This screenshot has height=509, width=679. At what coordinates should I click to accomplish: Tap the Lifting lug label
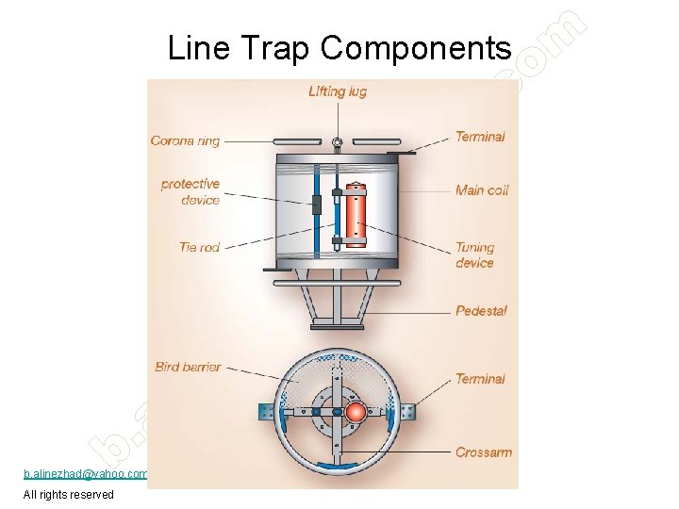(337, 91)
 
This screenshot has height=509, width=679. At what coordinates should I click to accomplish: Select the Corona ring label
(185, 141)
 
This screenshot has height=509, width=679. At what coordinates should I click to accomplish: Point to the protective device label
(190, 191)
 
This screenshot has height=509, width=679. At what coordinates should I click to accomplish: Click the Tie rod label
(199, 247)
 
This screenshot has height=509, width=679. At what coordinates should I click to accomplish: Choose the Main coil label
(482, 190)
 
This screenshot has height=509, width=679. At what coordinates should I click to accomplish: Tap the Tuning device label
(474, 255)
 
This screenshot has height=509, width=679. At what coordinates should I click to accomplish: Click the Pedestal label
(481, 310)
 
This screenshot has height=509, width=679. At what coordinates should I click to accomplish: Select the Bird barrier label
(188, 367)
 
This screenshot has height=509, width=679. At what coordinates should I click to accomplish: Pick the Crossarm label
(483, 452)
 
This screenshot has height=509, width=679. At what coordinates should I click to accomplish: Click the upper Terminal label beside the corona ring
(480, 137)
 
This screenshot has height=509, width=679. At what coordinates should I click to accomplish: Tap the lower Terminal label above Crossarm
(480, 379)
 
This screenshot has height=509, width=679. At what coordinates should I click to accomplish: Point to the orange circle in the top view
(356, 412)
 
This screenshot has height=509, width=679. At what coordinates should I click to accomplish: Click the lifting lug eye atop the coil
(337, 143)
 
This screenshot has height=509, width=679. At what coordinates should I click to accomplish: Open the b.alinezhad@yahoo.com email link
(86, 473)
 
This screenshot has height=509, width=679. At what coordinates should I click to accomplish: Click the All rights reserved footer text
(69, 495)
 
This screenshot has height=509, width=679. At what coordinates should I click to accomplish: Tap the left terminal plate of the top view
(266, 412)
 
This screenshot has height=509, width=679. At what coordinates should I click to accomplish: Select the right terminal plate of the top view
(407, 412)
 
